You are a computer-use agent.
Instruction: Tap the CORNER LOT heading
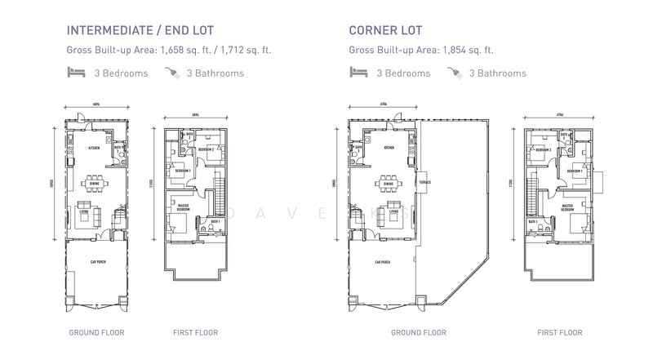click(387, 31)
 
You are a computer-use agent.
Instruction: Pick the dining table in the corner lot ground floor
click(386, 183)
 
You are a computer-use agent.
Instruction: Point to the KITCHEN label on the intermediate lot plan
click(94, 149)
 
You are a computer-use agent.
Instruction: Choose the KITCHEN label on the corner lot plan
click(389, 148)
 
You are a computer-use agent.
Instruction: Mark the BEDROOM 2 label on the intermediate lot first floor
click(206, 150)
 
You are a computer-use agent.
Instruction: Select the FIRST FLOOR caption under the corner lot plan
click(559, 333)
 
